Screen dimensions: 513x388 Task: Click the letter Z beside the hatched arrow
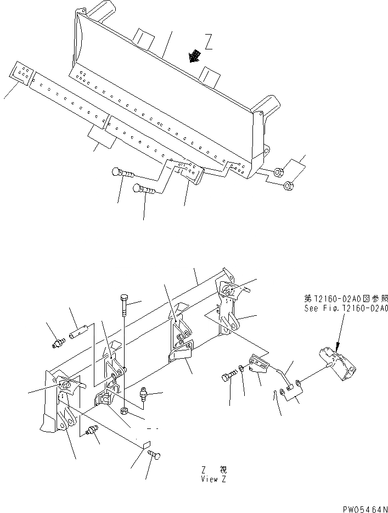207,42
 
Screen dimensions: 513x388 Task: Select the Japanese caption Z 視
213,470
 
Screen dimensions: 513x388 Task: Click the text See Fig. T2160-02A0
346,309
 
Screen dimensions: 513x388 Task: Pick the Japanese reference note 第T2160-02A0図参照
346,299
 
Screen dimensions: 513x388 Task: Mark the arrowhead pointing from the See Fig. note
337,346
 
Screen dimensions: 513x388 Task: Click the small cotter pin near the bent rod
275,394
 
